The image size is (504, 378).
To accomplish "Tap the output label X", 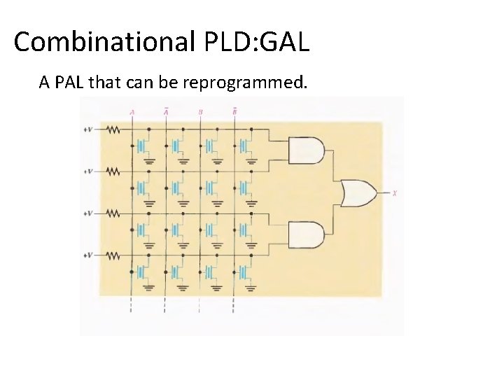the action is [395, 192].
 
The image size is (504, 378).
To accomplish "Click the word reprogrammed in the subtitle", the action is [244, 83].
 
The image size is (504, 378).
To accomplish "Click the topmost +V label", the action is [88, 129].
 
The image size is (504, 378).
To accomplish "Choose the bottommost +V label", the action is [88, 255].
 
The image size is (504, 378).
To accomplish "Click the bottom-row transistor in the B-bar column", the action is [244, 272].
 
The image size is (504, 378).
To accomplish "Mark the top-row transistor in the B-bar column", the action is [244, 146].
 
